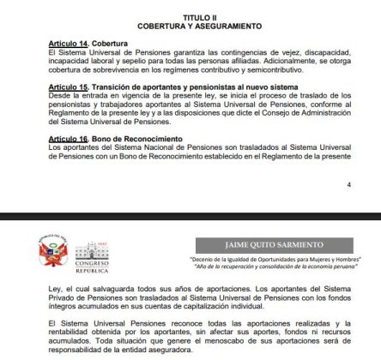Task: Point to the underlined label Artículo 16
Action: tap(69, 139)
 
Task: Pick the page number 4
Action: tap(348, 184)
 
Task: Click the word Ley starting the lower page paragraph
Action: tap(53, 287)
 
